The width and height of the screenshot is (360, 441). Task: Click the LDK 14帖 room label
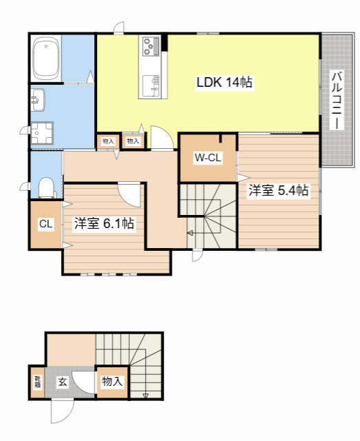point(224,83)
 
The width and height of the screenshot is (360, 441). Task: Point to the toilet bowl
point(46,187)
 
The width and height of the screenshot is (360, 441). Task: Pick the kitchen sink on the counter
point(150,85)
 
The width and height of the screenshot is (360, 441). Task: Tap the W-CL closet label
point(207,158)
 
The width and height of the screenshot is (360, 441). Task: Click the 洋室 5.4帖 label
point(278,190)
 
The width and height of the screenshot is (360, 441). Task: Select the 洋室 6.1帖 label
point(104,223)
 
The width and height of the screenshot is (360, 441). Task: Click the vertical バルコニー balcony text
point(336,100)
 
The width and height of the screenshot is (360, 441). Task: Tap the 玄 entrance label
point(62,381)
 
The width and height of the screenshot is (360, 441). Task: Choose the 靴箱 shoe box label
point(37,381)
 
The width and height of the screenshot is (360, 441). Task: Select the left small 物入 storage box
point(108,141)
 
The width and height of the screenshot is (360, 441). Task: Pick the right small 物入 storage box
point(132,141)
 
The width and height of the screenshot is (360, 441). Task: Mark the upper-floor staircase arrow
point(190,234)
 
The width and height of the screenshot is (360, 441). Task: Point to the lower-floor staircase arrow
point(145,396)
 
